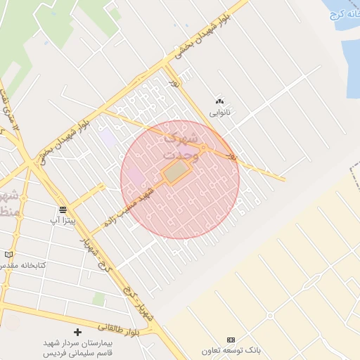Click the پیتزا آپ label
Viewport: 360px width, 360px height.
tap(63, 221)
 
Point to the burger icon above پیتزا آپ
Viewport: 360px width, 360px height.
tap(63, 210)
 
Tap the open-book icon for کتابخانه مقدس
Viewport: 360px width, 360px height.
tap(8, 254)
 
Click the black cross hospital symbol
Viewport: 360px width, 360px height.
tap(77, 331)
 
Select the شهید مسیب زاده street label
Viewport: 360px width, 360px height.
tap(129, 205)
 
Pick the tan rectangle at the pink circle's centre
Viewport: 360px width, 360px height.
tap(177, 172)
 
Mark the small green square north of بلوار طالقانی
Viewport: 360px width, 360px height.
tap(99, 300)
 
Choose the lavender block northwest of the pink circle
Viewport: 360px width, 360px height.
tap(108, 137)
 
